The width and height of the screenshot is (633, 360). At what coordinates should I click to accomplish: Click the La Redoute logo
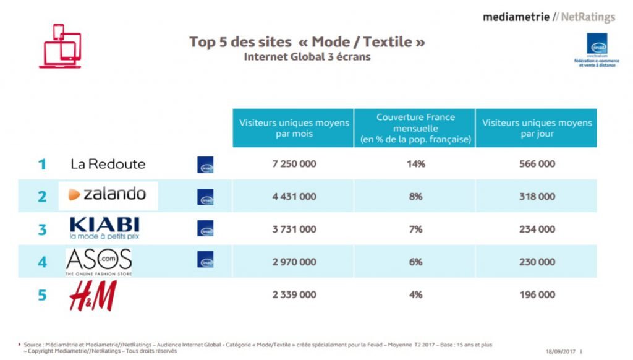(x=108, y=164)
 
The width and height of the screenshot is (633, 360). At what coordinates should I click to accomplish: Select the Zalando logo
(x=108, y=195)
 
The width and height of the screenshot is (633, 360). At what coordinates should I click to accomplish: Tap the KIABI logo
(x=104, y=228)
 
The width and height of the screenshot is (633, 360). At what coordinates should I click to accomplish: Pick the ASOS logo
(x=99, y=262)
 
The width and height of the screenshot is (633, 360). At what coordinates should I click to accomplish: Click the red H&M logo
(x=93, y=295)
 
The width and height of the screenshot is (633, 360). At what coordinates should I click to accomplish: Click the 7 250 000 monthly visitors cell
(x=294, y=164)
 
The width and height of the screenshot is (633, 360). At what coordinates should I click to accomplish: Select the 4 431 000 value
(x=294, y=197)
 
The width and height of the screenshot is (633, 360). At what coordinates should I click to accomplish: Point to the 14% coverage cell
(x=415, y=164)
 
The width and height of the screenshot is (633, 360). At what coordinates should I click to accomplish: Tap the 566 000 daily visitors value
(x=537, y=164)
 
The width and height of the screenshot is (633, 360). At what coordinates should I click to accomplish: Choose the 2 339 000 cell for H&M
(x=294, y=295)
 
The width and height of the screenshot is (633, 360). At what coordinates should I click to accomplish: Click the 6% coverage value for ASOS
(x=415, y=262)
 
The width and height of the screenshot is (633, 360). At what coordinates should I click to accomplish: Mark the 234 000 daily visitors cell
(x=537, y=229)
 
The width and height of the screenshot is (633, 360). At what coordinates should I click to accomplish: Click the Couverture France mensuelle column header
(x=415, y=128)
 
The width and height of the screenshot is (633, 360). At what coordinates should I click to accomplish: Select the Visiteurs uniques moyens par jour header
(x=537, y=128)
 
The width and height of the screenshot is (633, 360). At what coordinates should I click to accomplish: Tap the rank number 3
(x=42, y=229)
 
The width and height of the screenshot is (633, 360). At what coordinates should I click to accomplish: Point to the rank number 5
(x=42, y=295)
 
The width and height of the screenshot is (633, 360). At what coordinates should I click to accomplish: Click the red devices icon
(x=60, y=46)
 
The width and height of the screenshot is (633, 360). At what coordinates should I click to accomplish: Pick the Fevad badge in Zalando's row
(x=205, y=197)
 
